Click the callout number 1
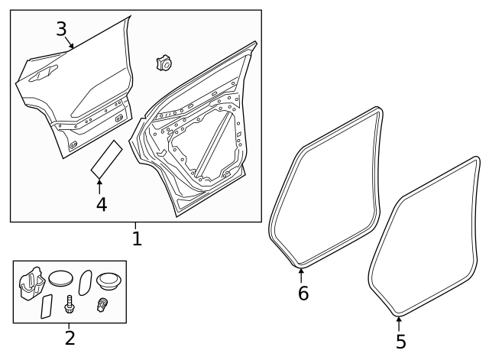(x=137, y=238)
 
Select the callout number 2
(x=70, y=337)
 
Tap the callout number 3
(x=61, y=29)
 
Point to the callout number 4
(x=100, y=204)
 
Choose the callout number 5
(x=400, y=341)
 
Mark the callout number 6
(x=303, y=293)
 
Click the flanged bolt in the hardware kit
(x=70, y=304)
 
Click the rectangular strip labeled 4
(x=105, y=158)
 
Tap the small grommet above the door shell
(x=163, y=63)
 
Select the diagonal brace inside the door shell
(x=216, y=141)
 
